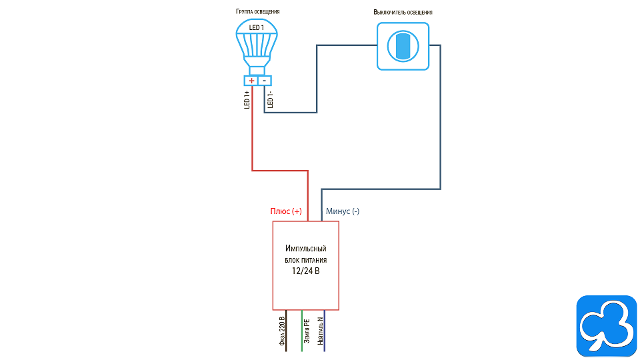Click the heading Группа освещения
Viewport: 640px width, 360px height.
point(257,12)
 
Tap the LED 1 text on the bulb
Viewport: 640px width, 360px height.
point(257,28)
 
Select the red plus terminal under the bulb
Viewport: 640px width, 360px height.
point(251,81)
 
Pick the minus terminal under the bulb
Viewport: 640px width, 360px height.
point(265,81)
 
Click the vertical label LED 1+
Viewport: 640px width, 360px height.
point(247,99)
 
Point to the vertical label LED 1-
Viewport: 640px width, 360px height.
point(270,99)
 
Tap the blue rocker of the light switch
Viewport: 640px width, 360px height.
point(403,45)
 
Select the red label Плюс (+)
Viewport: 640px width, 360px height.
point(285,211)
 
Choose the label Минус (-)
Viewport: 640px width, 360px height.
point(343,211)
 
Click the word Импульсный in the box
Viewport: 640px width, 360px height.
point(306,249)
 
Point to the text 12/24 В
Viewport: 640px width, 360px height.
point(306,271)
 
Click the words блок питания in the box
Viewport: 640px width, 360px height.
point(306,260)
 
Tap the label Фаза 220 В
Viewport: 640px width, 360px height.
point(282,332)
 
